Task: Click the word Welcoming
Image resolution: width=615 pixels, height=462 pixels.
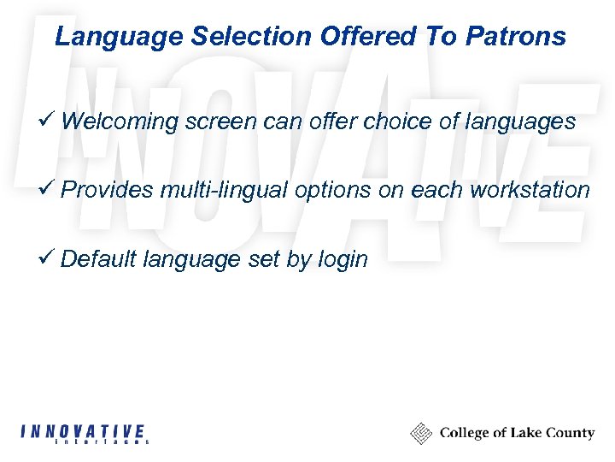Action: [x=120, y=122]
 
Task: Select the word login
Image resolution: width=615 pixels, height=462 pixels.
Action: [x=341, y=259]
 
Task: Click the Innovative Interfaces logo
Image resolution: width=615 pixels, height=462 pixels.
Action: [x=85, y=434]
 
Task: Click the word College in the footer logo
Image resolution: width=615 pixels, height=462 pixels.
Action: [x=466, y=434]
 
